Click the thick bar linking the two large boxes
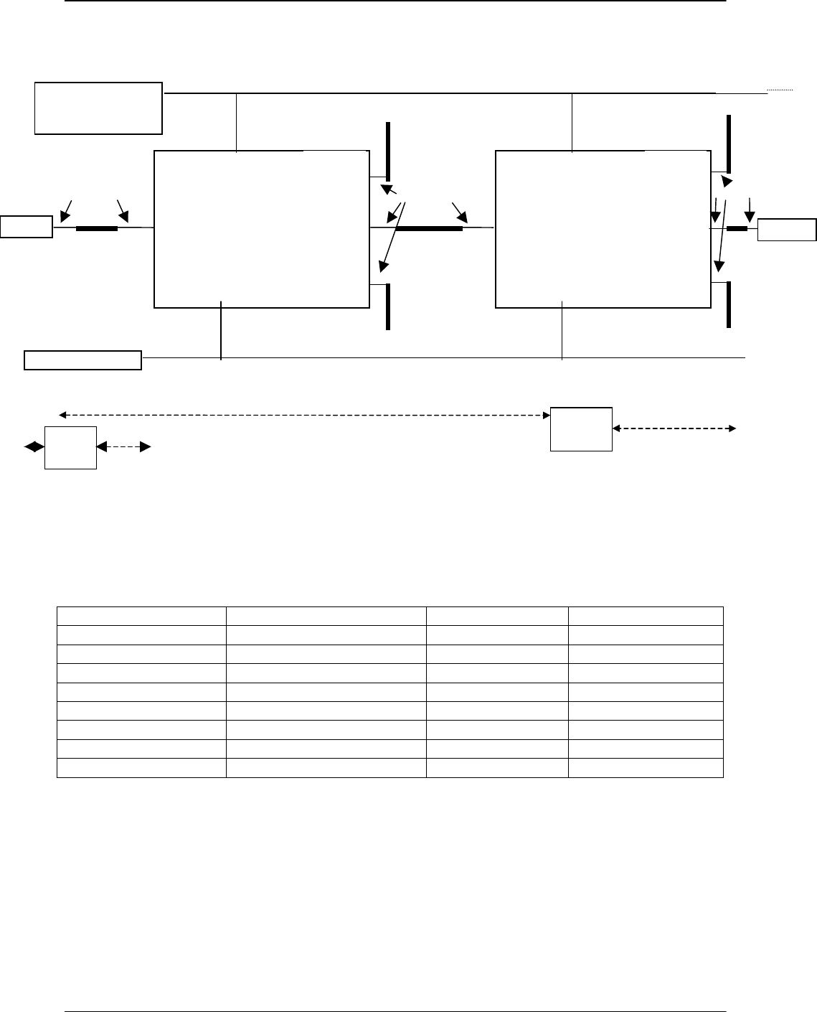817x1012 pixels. click(x=428, y=228)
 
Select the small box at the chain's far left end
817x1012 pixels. click(x=27, y=226)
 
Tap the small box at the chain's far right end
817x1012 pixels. click(x=787, y=230)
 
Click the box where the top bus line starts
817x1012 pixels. click(x=98, y=108)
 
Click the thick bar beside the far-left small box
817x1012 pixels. click(x=96, y=228)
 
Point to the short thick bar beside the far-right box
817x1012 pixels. click(x=737, y=229)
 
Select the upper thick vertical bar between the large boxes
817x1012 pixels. click(x=388, y=151)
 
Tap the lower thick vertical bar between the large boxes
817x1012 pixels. click(x=388, y=306)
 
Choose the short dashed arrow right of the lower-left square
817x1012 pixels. click(x=123, y=447)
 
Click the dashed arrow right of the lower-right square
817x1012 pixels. click(x=674, y=428)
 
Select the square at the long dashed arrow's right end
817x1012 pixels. click(x=581, y=428)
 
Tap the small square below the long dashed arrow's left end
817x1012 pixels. click(x=70, y=447)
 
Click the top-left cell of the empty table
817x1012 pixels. click(x=141, y=616)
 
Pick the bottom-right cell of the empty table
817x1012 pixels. click(x=646, y=769)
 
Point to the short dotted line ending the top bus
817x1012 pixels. click(x=780, y=90)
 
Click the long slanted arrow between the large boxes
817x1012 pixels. click(x=392, y=237)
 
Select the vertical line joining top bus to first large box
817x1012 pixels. click(x=236, y=122)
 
